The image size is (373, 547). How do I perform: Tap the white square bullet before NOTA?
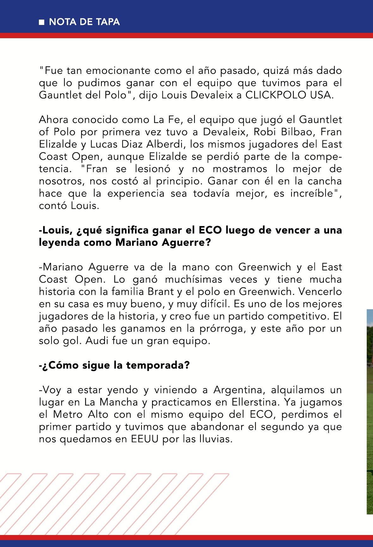tap(41, 22)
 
